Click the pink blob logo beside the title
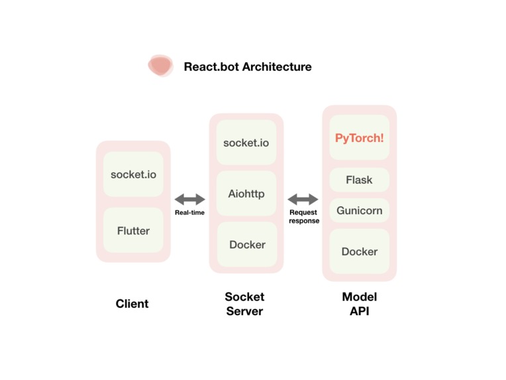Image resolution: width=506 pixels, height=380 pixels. tap(160, 66)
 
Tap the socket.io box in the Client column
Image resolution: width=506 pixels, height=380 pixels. tap(133, 174)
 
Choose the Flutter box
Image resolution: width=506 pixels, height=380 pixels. tap(133, 231)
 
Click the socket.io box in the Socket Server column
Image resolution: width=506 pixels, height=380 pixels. tap(246, 143)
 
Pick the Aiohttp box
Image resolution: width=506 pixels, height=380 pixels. tap(246, 194)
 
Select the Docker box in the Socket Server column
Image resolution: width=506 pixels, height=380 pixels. tap(247, 245)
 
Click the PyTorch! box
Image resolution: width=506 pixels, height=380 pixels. tap(359, 138)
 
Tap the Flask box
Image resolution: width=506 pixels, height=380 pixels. tap(359, 180)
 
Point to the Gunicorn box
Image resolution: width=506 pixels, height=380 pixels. tap(359, 210)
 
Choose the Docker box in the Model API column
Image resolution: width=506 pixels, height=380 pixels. tap(359, 251)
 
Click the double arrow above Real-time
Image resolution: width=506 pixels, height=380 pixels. tap(190, 199)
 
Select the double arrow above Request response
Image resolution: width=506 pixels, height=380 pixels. tap(303, 199)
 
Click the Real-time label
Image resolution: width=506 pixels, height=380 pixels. tap(189, 213)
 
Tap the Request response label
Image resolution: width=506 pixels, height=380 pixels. tap(304, 217)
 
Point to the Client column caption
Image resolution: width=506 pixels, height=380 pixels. tap(132, 304)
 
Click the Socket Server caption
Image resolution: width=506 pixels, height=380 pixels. tap(244, 304)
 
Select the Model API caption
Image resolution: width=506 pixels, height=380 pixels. tap(359, 304)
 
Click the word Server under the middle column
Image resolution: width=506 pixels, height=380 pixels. tap(244, 311)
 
